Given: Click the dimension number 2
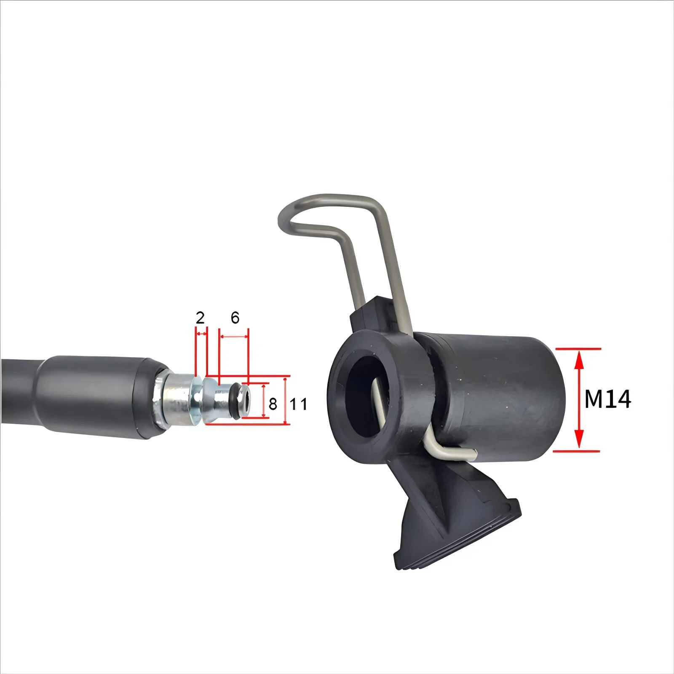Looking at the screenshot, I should tap(200, 318).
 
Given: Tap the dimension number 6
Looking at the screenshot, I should tap(235, 318).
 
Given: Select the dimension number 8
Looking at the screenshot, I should tap(273, 404).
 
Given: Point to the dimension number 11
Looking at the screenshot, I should tap(299, 404).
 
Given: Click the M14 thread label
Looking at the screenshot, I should tap(607, 399).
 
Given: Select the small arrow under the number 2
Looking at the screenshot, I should tap(201, 334).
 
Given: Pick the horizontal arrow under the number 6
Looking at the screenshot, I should tap(234, 337).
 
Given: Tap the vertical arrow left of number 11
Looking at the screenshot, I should tap(286, 401).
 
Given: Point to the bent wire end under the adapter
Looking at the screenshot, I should tap(451, 453).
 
